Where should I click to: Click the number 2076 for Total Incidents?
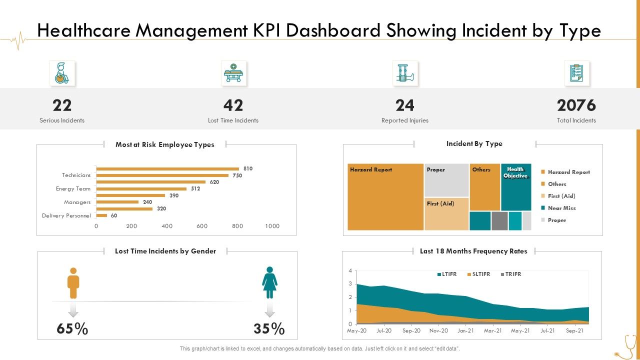576,105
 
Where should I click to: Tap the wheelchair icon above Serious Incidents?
62,73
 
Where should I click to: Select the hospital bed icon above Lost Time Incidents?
233,73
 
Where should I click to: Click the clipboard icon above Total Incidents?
576,73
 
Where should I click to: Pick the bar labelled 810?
167,168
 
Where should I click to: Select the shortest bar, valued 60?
101,215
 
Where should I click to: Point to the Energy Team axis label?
73,188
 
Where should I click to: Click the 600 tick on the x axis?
202,226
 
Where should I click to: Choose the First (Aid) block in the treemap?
446,214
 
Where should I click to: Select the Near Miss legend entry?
561,208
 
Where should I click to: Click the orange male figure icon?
73,282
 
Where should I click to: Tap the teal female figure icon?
269,282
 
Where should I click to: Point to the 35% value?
269,329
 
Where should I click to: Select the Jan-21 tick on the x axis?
465,330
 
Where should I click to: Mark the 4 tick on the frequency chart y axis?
350,270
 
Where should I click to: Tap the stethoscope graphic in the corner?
625,347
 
